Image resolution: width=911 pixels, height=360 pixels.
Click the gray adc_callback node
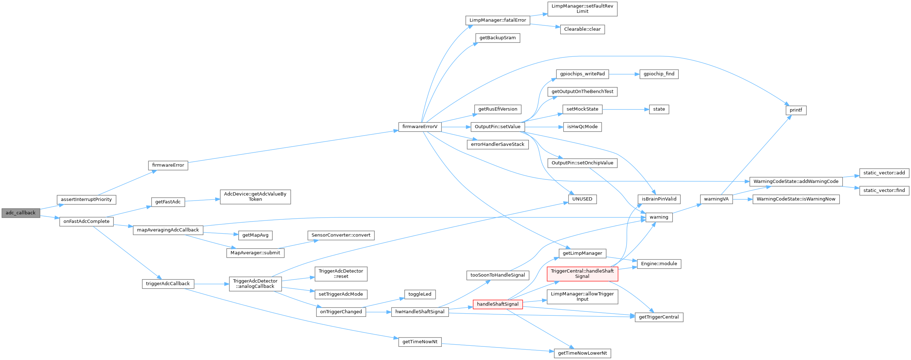[x=21, y=213]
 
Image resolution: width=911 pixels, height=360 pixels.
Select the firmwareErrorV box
[x=420, y=127]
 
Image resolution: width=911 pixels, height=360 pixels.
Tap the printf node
[x=796, y=110]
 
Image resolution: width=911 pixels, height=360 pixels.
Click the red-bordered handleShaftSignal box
[x=497, y=304]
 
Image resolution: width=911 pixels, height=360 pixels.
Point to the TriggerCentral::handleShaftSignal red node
[x=582, y=274]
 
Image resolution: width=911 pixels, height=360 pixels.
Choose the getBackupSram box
[x=497, y=38]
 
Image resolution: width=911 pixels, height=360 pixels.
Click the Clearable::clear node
[x=582, y=29]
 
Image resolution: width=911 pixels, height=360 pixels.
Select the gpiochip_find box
[x=659, y=74]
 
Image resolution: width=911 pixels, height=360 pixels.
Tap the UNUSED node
[x=582, y=199]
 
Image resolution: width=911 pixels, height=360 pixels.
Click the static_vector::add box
[x=884, y=173]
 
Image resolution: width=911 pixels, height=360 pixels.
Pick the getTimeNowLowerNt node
[x=582, y=353]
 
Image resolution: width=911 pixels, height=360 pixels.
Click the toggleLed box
[x=420, y=294]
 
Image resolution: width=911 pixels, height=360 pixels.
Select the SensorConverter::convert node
[x=341, y=235]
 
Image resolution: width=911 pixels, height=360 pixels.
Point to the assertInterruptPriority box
[x=86, y=199]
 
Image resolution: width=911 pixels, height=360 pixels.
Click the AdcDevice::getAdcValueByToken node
[x=255, y=197]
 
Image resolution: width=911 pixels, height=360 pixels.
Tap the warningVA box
[x=716, y=199]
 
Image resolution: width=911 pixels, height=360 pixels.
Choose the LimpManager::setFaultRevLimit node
[x=582, y=9]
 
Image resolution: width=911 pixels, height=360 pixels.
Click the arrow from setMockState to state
[x=624, y=109]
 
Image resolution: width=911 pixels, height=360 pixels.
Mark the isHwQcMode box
[x=582, y=127]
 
